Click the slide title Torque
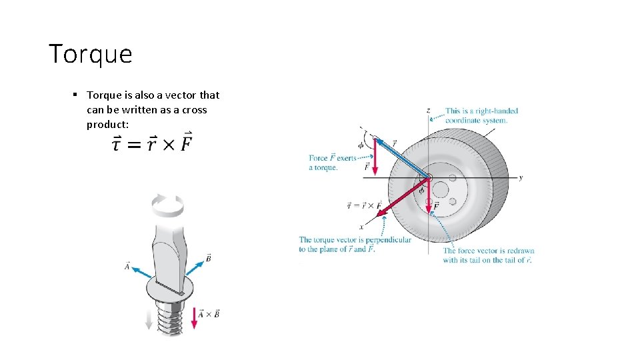point(90,54)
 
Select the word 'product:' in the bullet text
point(107,125)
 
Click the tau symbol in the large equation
point(117,144)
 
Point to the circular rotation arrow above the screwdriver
point(167,205)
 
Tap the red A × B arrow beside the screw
point(194,318)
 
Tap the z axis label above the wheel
point(427,110)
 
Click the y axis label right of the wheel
point(521,177)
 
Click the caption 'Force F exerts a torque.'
point(332,163)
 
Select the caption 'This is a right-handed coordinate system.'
point(481,115)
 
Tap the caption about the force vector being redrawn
point(488,255)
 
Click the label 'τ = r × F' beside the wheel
point(365,205)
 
